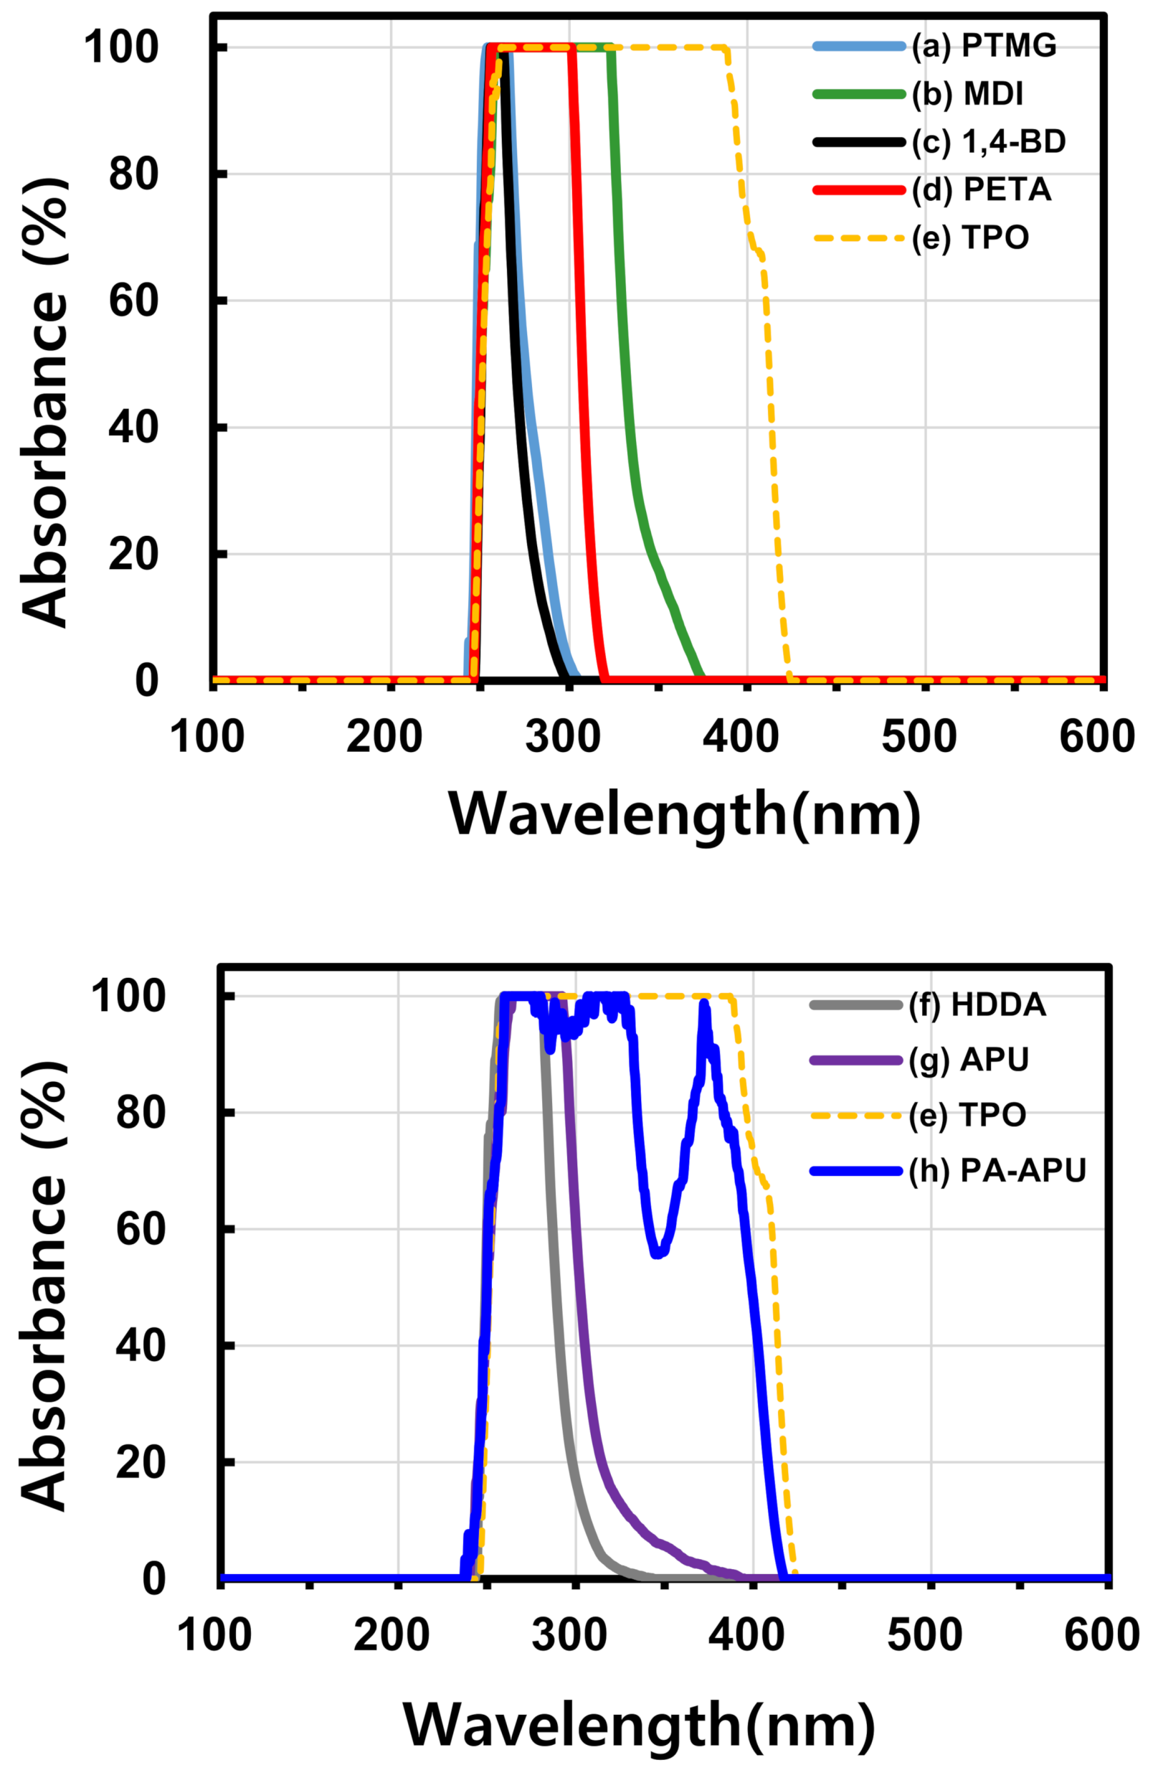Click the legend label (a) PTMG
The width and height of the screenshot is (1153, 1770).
[983, 46]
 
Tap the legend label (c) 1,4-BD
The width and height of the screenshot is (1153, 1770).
[988, 142]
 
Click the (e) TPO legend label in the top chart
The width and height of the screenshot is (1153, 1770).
[969, 238]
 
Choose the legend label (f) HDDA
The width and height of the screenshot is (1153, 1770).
[976, 1004]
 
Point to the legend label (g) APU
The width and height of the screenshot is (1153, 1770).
[968, 1060]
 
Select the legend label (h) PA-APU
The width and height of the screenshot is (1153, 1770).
[996, 1171]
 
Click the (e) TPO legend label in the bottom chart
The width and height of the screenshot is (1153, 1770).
[967, 1116]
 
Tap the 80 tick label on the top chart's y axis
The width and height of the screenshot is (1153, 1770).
[134, 174]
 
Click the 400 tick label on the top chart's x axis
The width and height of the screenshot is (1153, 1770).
[741, 737]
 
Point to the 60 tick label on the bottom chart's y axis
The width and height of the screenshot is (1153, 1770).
[140, 1228]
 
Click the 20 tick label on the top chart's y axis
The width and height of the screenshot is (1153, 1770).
[134, 555]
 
